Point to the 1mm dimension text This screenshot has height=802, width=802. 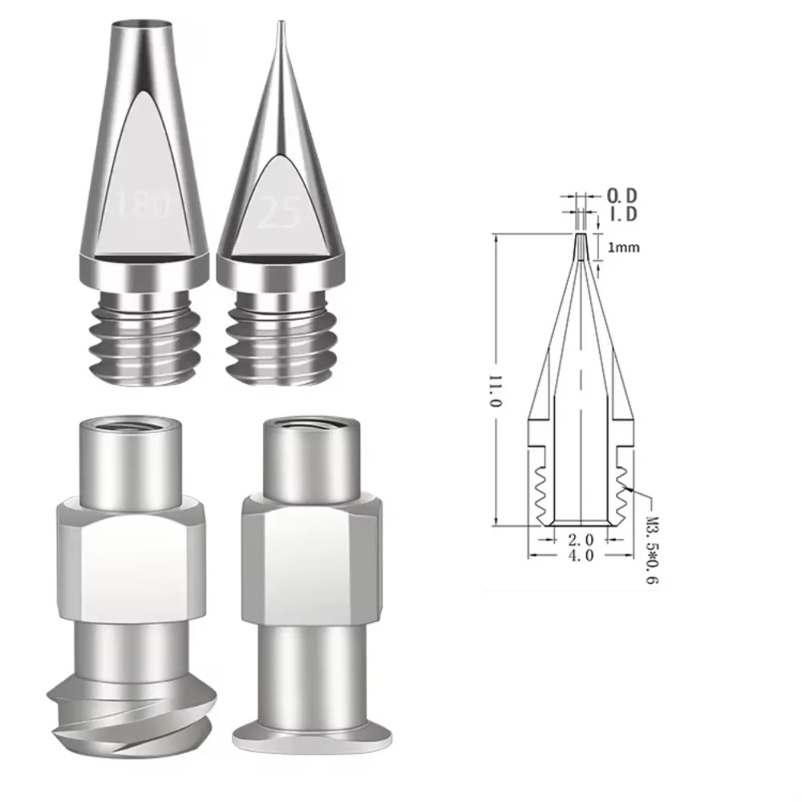point(624,248)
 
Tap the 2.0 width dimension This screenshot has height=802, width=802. point(579,541)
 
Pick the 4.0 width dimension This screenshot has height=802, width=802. point(579,556)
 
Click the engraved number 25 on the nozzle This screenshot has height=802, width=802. point(278,214)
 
